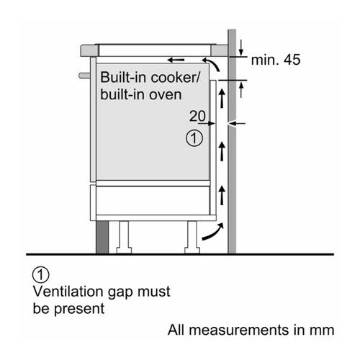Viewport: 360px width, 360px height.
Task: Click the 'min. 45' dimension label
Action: pos(276,60)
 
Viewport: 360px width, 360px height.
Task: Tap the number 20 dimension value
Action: pos(197,116)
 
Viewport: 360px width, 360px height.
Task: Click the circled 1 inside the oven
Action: pos(194,138)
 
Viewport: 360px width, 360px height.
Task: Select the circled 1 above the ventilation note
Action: pos(40,274)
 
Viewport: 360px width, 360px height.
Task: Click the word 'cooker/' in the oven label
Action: pos(175,77)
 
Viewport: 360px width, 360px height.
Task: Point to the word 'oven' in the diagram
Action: pos(166,95)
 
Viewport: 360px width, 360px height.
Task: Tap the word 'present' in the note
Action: pos(79,309)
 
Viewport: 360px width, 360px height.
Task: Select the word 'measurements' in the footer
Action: pos(239,330)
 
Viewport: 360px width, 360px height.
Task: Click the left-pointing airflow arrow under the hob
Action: pos(176,60)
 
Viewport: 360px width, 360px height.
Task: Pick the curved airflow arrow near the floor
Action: pos(212,232)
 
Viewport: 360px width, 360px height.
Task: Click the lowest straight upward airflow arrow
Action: pos(222,195)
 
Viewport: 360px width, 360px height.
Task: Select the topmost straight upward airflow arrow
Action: pos(222,98)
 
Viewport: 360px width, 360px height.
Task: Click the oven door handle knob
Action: pos(84,76)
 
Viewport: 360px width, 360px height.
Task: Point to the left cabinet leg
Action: pos(124,237)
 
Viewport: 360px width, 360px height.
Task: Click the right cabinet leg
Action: pos(192,237)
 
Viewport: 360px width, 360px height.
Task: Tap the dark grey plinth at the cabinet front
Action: pos(102,237)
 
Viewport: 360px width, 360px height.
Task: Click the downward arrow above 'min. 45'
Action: pos(241,48)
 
